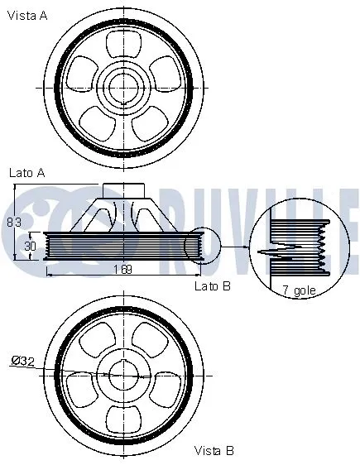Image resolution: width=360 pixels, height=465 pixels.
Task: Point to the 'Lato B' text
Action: (212, 285)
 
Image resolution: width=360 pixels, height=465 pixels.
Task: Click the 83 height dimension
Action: (12, 221)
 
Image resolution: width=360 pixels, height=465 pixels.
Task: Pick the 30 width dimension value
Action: (30, 246)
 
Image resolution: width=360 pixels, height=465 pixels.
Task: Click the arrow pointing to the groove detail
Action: (236, 246)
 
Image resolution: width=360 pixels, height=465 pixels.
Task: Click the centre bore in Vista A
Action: (124, 85)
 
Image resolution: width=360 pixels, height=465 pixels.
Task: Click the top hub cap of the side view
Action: (124, 189)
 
